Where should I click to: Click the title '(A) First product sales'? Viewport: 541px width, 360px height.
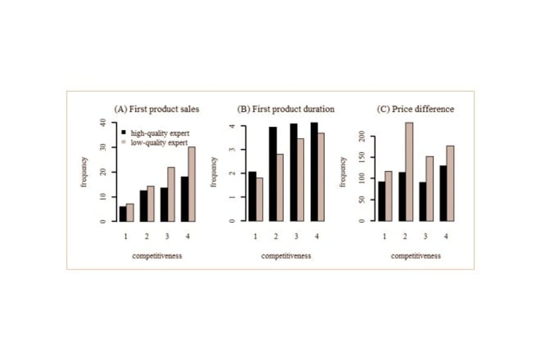tap(157, 109)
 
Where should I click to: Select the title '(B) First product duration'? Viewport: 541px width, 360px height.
tap(286, 109)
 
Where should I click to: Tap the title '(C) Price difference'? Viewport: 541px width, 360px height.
tap(415, 109)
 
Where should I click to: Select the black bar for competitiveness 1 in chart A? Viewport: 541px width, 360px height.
tap(123, 214)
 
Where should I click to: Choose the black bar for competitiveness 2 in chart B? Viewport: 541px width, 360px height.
tap(273, 174)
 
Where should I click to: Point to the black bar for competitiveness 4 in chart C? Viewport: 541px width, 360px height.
tap(443, 193)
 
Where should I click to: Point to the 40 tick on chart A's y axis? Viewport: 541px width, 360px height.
tap(102, 122)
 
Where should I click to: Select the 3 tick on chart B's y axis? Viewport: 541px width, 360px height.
tap(231, 150)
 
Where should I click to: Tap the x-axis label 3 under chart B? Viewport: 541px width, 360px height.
tap(296, 236)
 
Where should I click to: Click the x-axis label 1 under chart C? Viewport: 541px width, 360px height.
tap(385, 236)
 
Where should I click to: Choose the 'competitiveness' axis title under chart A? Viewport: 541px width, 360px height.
tap(157, 256)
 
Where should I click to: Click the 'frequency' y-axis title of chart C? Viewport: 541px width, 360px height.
tap(343, 172)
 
